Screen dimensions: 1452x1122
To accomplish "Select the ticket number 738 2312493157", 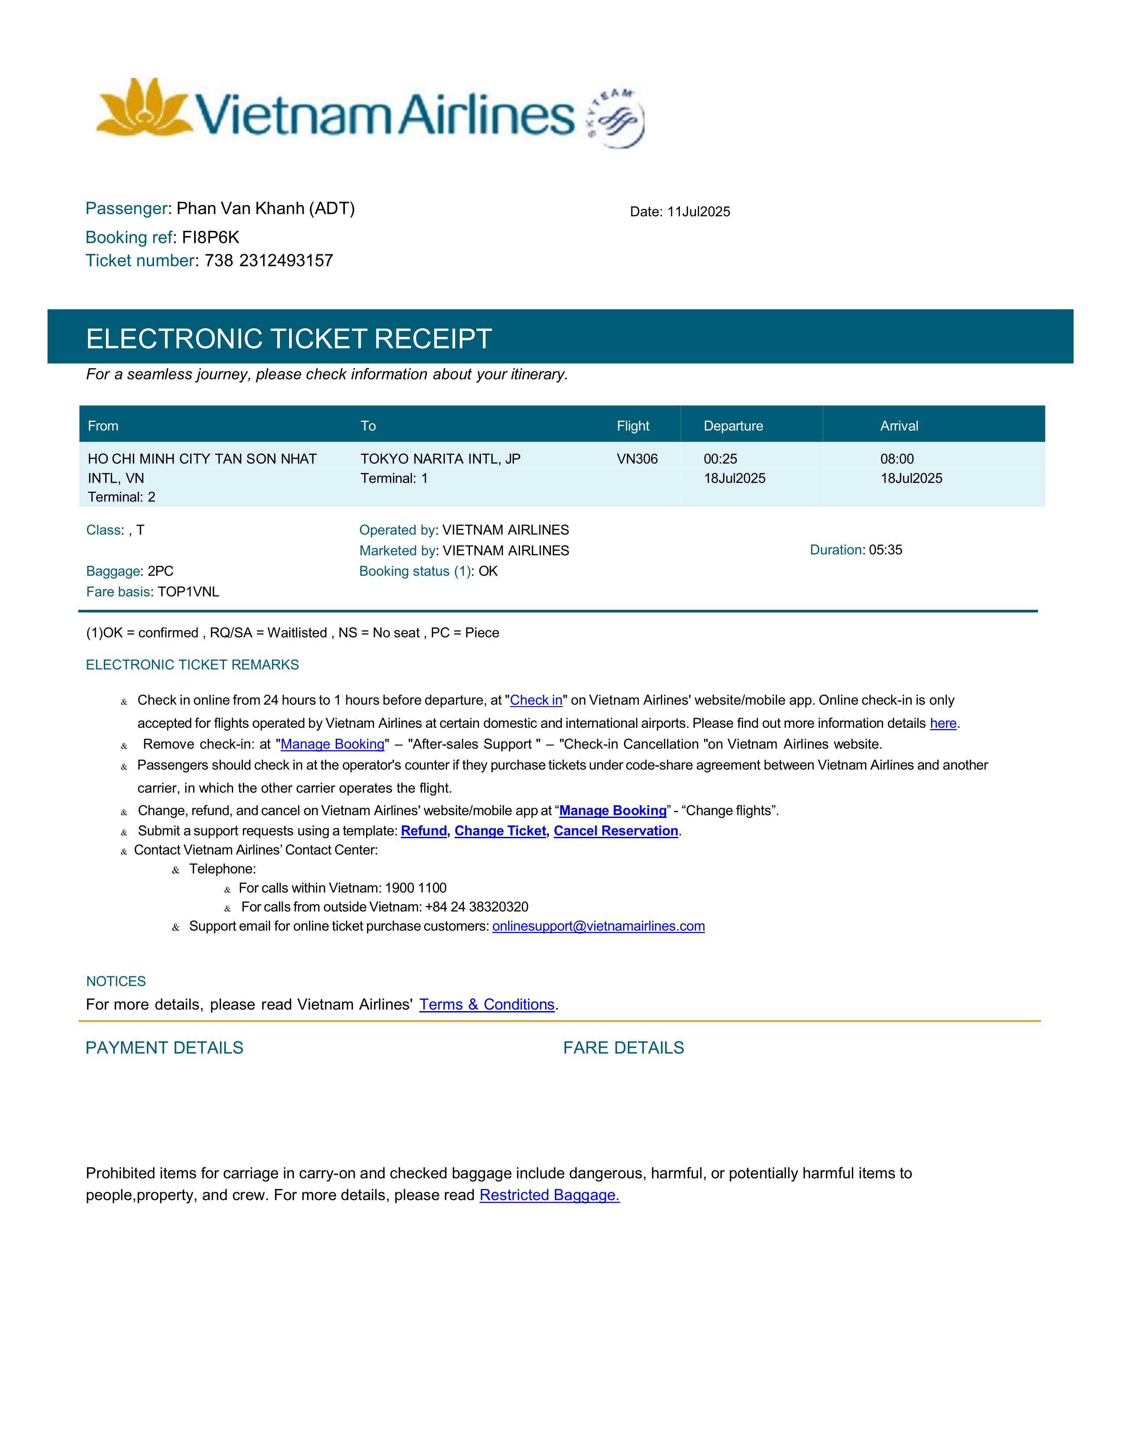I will pos(268,260).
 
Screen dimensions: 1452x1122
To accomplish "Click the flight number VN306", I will pos(637,459).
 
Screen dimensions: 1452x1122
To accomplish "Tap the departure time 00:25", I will pos(721,459).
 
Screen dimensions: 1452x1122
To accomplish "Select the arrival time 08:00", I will pos(897,459).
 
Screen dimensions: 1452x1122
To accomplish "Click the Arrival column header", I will pos(898,426).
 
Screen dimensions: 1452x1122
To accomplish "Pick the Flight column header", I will pos(633,426).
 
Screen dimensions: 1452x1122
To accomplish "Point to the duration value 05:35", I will pos(885,550).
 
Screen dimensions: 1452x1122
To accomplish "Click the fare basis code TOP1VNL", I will pos(188,592).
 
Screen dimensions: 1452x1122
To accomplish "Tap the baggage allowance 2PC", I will pos(160,571).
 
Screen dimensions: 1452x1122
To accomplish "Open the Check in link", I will pos(536,700).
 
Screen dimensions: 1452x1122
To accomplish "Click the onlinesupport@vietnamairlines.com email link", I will pos(598,926).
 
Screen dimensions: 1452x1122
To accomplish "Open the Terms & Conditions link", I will pos(487,1004).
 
